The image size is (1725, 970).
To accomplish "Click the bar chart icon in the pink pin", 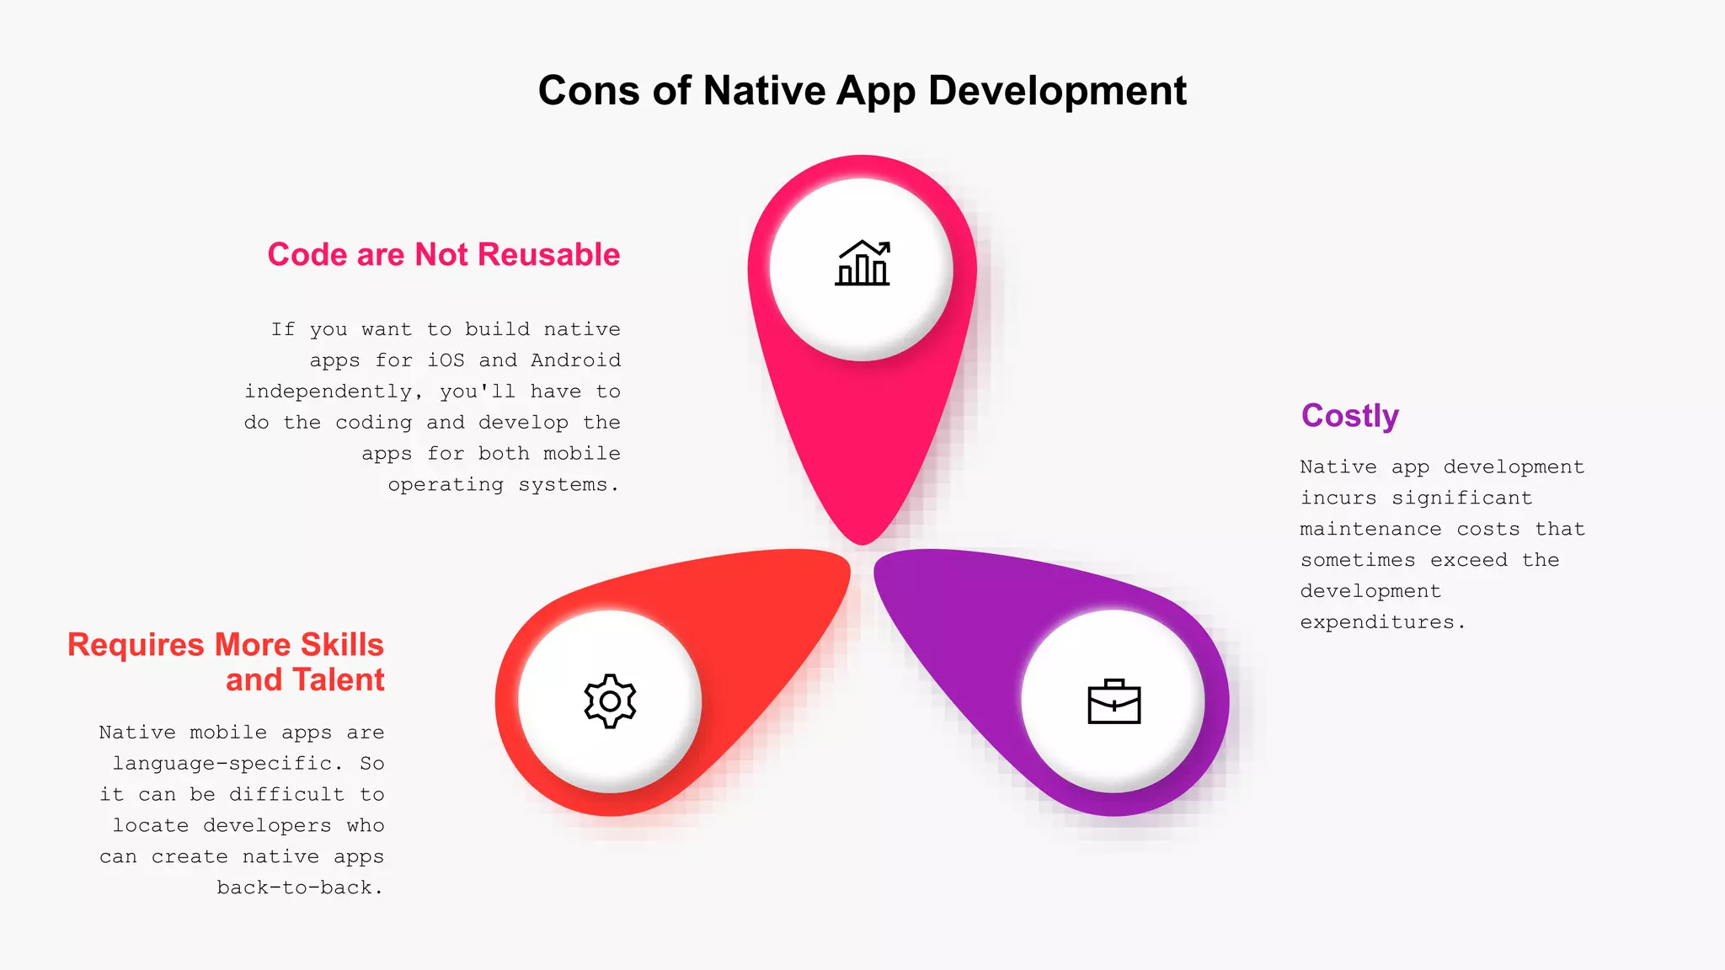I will pos(862,264).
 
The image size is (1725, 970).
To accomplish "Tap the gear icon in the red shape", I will pos(610,701).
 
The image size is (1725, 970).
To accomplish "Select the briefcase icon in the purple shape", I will pos(1114,701).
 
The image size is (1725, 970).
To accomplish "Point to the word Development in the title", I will pos(1057,91).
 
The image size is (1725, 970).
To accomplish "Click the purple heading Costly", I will pos(1349,416).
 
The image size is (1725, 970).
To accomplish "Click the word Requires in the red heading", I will pos(136,645).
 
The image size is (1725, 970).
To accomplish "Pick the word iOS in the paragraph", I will pos(446,360).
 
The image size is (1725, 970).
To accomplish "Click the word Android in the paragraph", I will pos(575,360).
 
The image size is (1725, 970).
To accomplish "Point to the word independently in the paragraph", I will pos(328,392).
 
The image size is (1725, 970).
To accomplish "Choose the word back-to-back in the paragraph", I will pos(294,888).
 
